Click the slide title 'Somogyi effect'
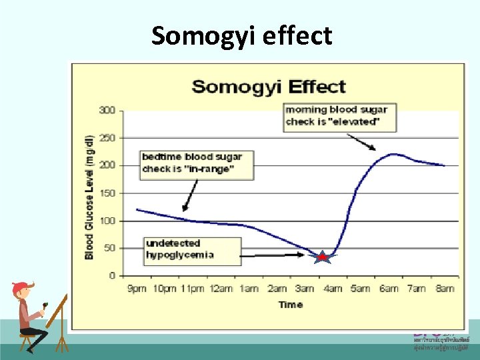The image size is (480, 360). tap(241, 35)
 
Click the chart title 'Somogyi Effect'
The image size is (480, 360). tap(269, 87)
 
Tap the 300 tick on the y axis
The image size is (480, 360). tap(107, 109)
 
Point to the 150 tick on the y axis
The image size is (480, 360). tap(107, 193)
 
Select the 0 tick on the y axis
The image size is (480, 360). tap(112, 275)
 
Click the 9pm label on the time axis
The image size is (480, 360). tap(136, 289)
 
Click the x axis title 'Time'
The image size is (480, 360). tap(291, 305)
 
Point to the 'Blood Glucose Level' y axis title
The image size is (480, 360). tap(89, 197)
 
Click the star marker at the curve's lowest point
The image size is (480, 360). tap(322, 257)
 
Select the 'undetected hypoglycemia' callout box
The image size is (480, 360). tap(192, 249)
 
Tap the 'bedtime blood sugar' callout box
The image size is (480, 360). tap(197, 164)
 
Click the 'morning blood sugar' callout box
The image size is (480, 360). tap(339, 116)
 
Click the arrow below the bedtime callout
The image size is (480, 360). tap(190, 196)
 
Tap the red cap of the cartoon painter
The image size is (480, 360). tap(20, 288)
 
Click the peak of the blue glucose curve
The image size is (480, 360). tap(393, 154)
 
